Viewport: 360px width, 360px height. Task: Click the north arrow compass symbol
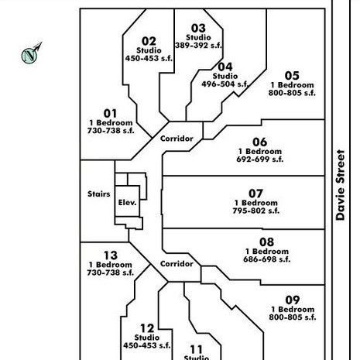click(31, 53)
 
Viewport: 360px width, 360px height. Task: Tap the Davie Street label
click(340, 185)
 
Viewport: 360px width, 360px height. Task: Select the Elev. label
click(127, 203)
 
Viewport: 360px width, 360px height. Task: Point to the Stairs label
click(99, 194)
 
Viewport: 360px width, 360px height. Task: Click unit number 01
click(110, 114)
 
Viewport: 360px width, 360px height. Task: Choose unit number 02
click(149, 41)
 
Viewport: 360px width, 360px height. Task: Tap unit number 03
click(198, 29)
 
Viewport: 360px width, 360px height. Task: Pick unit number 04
click(225, 67)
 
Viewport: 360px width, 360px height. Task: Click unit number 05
click(292, 76)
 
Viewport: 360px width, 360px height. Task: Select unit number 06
click(259, 142)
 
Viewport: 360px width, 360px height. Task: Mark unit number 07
click(255, 194)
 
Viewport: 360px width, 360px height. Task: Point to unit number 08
click(266, 242)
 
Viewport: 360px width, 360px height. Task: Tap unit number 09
click(293, 300)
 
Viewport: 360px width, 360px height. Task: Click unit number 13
click(111, 255)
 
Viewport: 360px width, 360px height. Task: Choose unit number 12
click(147, 328)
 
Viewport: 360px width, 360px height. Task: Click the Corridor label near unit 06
click(177, 139)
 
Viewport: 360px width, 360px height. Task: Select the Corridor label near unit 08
click(177, 264)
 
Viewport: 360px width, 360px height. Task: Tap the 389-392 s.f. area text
click(198, 46)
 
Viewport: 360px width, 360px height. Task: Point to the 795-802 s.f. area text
click(256, 211)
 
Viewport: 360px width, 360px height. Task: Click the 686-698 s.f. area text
click(267, 259)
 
